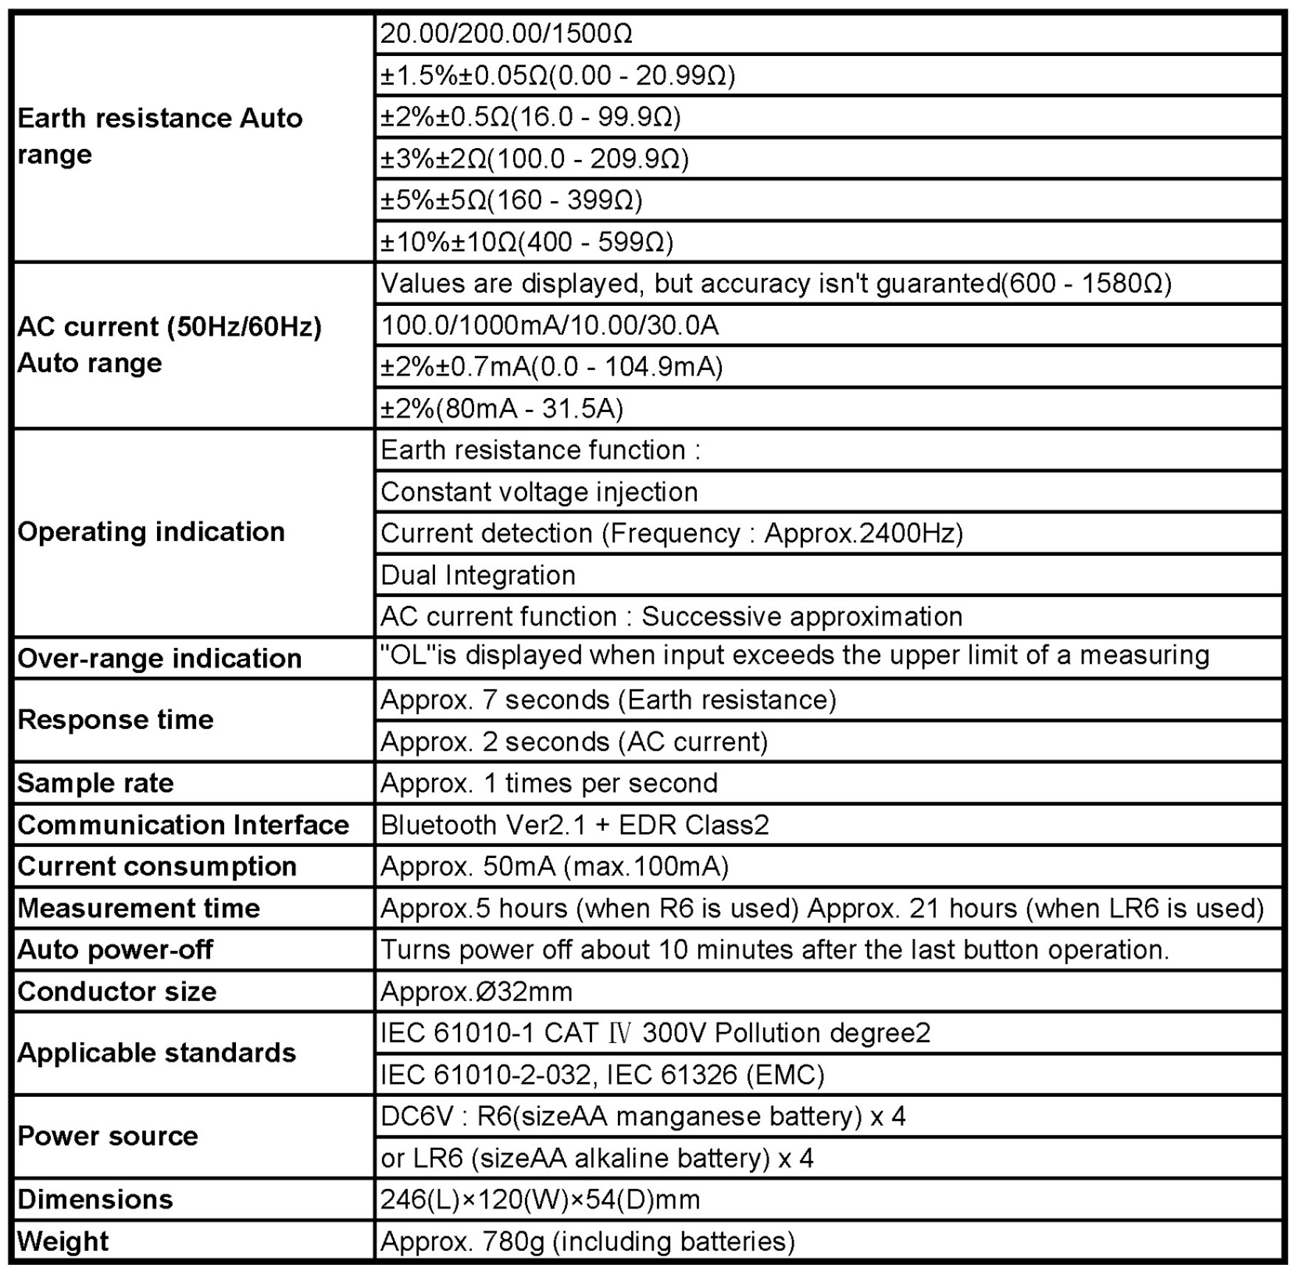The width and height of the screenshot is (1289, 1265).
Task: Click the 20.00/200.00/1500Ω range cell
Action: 506,34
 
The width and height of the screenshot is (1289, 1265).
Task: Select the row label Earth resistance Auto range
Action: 159,136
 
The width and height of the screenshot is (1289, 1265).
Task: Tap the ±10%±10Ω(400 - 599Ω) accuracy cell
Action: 527,242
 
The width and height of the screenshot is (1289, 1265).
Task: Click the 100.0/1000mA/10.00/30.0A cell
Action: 549,325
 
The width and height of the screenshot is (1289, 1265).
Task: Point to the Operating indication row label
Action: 151,532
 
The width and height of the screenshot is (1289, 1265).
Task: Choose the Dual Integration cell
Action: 478,575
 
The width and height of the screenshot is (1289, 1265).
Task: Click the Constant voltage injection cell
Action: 539,492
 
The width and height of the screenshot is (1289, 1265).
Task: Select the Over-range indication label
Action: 159,658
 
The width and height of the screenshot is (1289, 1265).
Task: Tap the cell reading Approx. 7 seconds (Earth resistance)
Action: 608,700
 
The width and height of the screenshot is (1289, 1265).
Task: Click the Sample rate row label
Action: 95,783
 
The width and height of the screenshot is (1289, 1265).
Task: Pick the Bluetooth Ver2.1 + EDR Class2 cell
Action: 574,824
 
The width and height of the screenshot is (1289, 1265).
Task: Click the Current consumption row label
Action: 156,866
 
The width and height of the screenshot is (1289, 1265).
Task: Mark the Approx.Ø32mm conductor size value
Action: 476,992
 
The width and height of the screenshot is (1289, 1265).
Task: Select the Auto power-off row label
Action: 115,949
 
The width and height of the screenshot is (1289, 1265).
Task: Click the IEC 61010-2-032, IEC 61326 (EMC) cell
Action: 602,1075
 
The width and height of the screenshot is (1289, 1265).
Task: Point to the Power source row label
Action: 108,1136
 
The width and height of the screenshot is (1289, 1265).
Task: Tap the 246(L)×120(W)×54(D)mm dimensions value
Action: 540,1199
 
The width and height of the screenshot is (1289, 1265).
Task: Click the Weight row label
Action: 63,1241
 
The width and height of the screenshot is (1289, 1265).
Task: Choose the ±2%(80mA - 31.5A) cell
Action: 501,408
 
